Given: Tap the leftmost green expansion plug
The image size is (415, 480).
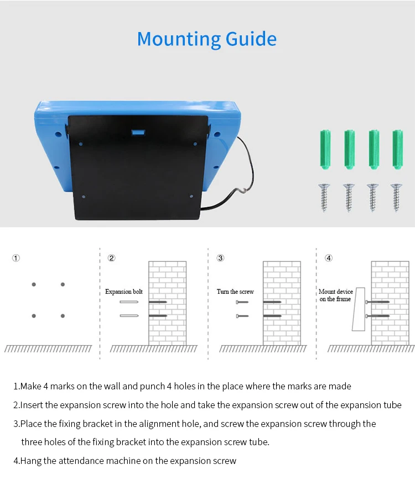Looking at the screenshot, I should (x=324, y=149).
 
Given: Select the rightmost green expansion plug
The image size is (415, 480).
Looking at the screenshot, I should (x=397, y=149).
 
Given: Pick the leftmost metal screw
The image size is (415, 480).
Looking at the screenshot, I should (x=324, y=197).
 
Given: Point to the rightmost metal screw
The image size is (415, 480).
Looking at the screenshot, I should (x=397, y=197).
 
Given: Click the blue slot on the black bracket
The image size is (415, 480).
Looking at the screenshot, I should (x=138, y=133).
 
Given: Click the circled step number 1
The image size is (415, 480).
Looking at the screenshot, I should (x=16, y=258).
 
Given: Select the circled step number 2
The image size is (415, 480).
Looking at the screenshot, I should (x=111, y=258).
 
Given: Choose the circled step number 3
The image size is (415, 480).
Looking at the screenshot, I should (x=220, y=258).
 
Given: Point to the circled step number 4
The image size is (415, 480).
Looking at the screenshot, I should (x=329, y=258).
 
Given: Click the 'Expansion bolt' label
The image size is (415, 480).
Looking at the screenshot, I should (x=124, y=292).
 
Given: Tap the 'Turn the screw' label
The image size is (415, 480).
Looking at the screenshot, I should (x=235, y=292).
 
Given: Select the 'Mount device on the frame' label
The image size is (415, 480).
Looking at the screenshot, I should (x=336, y=295).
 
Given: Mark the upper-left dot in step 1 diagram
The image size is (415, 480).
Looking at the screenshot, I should (x=34, y=284).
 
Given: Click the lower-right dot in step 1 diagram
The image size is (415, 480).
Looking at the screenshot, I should (x=63, y=316).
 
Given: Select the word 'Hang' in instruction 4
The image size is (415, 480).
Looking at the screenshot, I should (x=29, y=461).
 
